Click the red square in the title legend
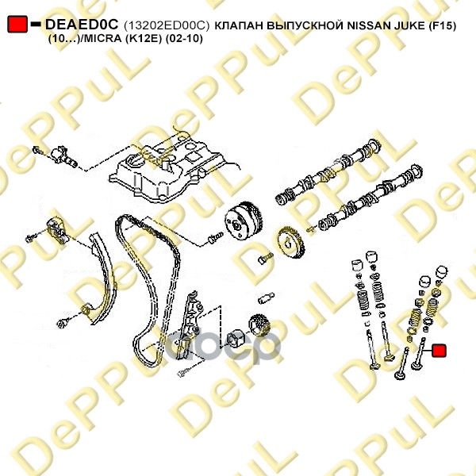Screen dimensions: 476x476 click(x=17, y=25)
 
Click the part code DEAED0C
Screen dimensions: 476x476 click(x=82, y=25)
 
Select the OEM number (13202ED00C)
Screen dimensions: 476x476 click(x=167, y=26)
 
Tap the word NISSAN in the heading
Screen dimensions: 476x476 click(x=369, y=26)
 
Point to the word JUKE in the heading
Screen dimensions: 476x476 click(x=410, y=26)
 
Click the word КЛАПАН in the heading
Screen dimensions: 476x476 click(x=240, y=26)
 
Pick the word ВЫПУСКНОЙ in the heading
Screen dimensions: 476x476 click(x=305, y=26)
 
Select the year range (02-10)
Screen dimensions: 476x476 click(x=184, y=39)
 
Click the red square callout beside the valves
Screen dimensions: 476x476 click(x=439, y=351)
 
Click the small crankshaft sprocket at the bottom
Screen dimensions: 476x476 click(x=259, y=325)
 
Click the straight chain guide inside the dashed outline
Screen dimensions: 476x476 click(x=189, y=324)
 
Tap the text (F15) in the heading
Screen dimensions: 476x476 click(x=443, y=26)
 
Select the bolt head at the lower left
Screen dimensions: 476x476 click(x=62, y=324)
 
